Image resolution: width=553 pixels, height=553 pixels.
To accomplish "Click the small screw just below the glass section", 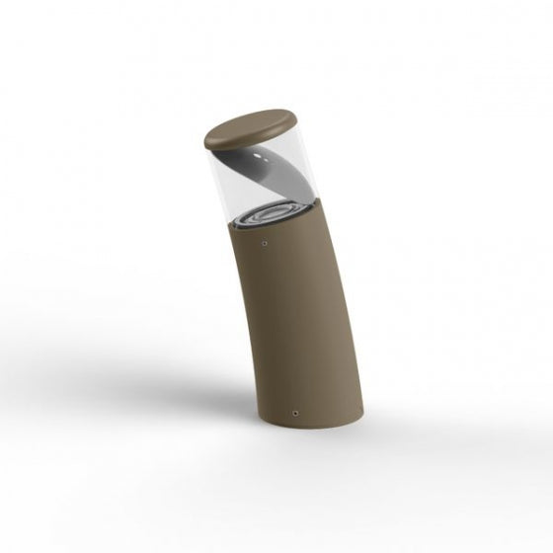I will click(x=266, y=239).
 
